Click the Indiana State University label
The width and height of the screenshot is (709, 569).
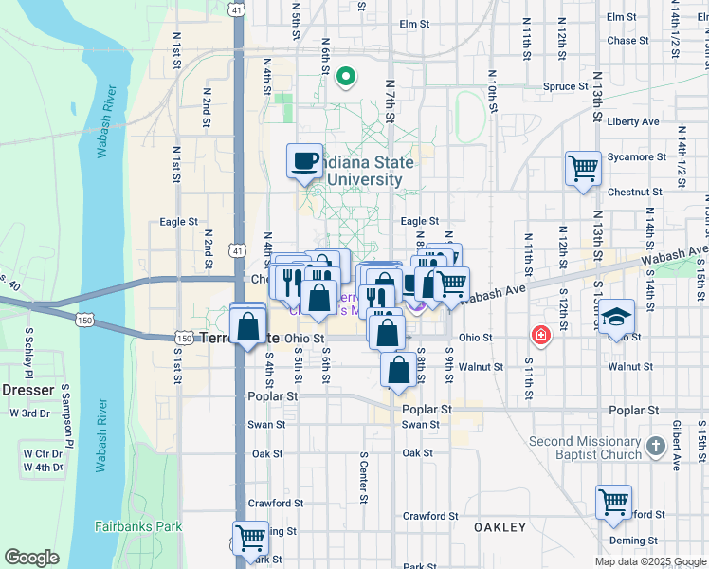[366, 171]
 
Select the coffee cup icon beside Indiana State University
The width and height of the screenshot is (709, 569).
[305, 160]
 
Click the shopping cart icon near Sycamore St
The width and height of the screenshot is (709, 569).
[583, 169]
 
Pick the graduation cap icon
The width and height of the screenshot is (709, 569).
[615, 316]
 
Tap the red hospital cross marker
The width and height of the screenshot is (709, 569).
[540, 335]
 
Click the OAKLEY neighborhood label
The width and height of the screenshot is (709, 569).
[500, 527]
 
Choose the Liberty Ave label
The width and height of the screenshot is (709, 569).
[632, 121]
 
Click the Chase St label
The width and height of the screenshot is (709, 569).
[627, 41]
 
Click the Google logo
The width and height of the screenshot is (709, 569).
[31, 558]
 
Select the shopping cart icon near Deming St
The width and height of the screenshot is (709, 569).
[613, 502]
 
